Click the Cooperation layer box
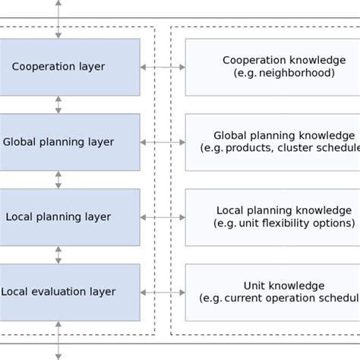(x=68, y=67)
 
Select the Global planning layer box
(x=68, y=142)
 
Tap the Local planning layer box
(x=68, y=217)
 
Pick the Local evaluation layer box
(x=68, y=292)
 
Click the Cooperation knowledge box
(x=272, y=67)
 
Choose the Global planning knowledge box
(x=272, y=142)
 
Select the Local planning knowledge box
(x=272, y=217)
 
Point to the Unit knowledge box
(x=272, y=292)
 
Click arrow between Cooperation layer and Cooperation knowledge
(x=163, y=68)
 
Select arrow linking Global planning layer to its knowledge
(x=163, y=142)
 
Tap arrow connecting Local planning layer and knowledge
(x=163, y=217)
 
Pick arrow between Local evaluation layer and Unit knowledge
(x=163, y=292)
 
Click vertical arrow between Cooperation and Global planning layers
(x=58, y=105)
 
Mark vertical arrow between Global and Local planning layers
(x=58, y=180)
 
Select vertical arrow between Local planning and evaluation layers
(x=58, y=254)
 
